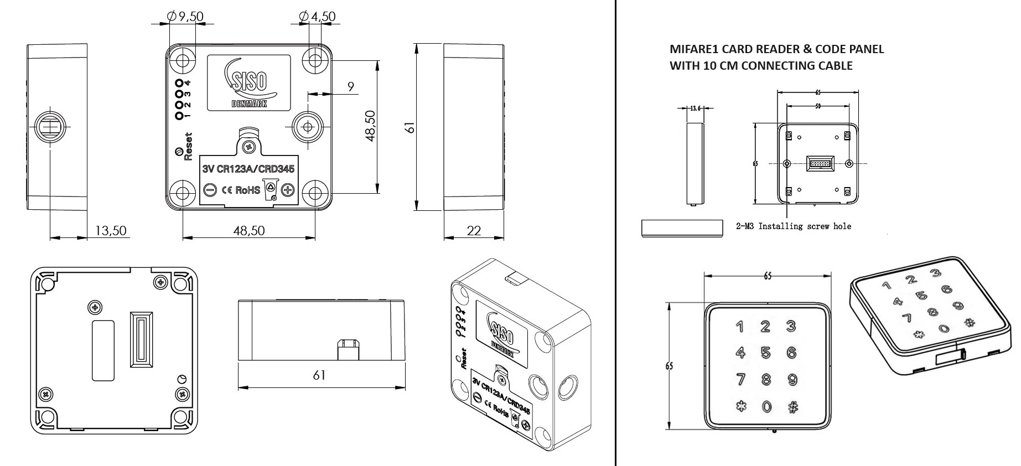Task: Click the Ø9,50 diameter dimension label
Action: coord(185,17)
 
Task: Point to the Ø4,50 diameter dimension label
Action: coord(317,17)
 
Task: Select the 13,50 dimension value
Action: coord(111,230)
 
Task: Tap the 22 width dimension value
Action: coord(474,230)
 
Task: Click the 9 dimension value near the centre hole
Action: coord(350,86)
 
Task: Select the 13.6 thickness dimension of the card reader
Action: coord(695,108)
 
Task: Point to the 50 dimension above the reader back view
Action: coord(818,106)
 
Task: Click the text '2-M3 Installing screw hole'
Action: coord(794,226)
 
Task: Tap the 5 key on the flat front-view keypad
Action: coord(765,353)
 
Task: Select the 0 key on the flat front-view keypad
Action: coord(766,407)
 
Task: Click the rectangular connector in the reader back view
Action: coord(818,163)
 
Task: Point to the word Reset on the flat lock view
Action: coord(188,146)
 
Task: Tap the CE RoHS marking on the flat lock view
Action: coord(241,190)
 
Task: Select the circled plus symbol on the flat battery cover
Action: coord(287,190)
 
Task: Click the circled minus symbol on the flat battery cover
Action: coord(210,190)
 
